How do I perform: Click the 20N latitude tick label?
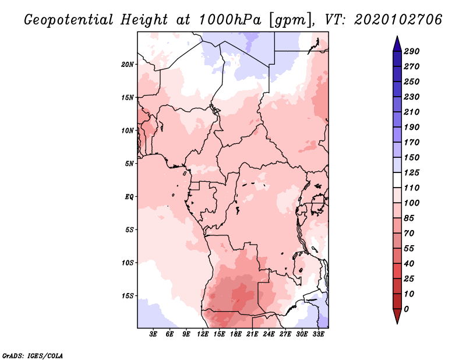(128, 65)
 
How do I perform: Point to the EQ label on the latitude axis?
(129, 197)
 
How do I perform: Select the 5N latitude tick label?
(129, 164)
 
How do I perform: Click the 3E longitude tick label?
(153, 334)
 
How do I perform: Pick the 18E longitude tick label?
(236, 334)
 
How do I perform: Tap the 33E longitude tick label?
(318, 334)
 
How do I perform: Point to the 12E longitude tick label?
(203, 334)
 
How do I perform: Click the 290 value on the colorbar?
(412, 51)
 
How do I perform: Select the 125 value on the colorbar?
(412, 172)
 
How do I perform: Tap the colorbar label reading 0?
(407, 309)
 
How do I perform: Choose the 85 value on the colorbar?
(409, 218)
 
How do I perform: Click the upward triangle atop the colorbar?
(397, 44)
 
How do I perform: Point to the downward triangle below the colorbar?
(397, 316)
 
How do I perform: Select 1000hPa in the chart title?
(230, 20)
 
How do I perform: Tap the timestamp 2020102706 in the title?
(398, 19)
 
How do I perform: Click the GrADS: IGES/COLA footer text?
(33, 355)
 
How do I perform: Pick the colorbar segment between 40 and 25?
(397, 271)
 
